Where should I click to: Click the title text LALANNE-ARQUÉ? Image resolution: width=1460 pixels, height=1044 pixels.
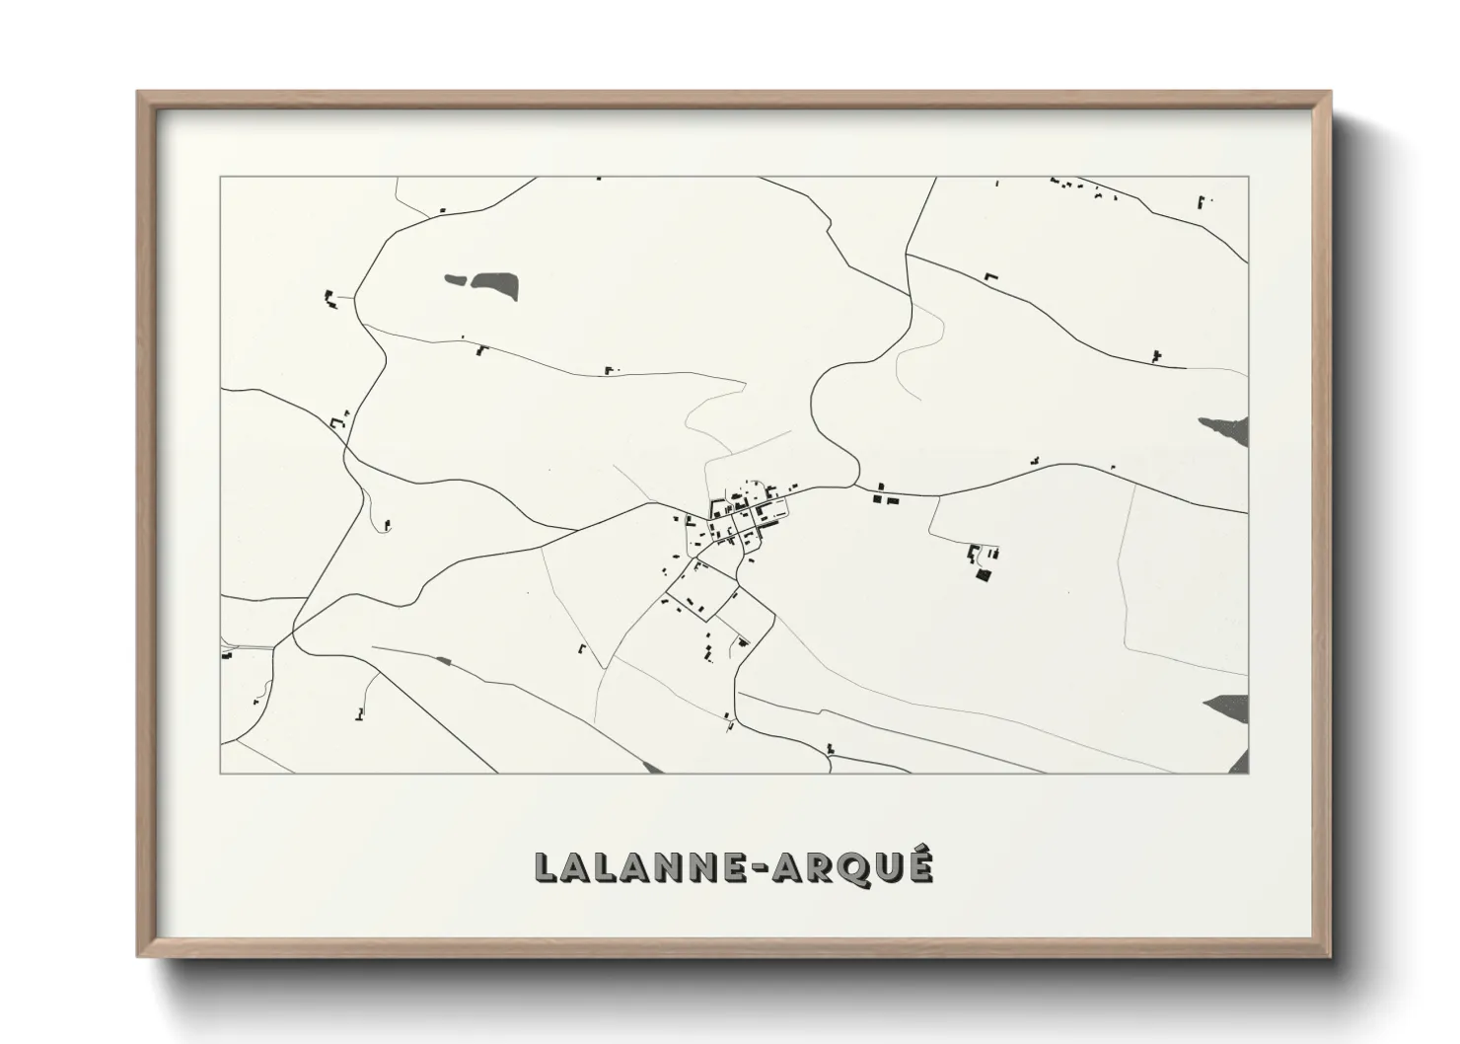733,867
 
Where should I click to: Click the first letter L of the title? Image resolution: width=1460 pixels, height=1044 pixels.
547,868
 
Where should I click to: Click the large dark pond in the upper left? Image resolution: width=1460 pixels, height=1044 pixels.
495,286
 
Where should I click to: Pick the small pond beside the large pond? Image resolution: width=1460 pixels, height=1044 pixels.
456,279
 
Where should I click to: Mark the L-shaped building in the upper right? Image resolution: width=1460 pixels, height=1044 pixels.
990,277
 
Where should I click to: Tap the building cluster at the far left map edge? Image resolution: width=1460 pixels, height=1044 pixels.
227,652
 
